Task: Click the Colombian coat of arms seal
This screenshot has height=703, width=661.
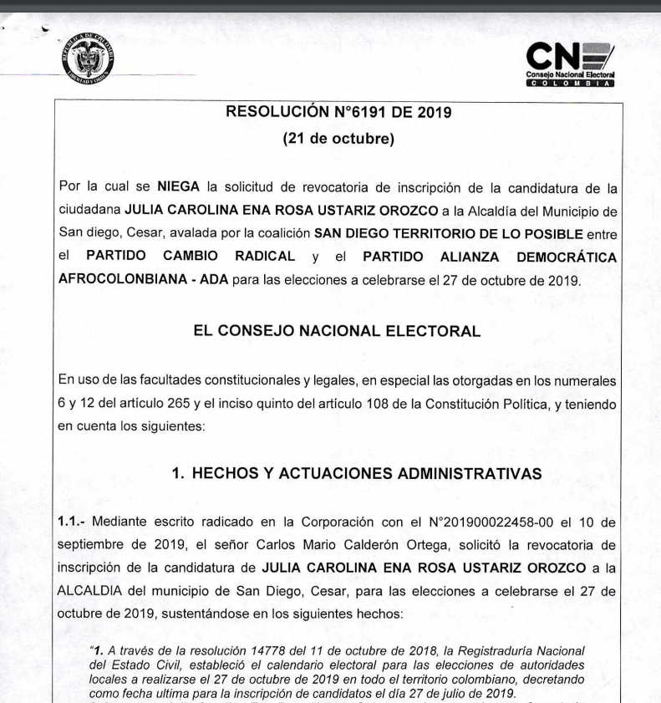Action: pyautogui.click(x=88, y=61)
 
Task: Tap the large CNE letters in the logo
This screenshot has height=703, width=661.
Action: pyautogui.click(x=559, y=58)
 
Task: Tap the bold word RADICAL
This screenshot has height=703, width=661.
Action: pyautogui.click(x=260, y=256)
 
